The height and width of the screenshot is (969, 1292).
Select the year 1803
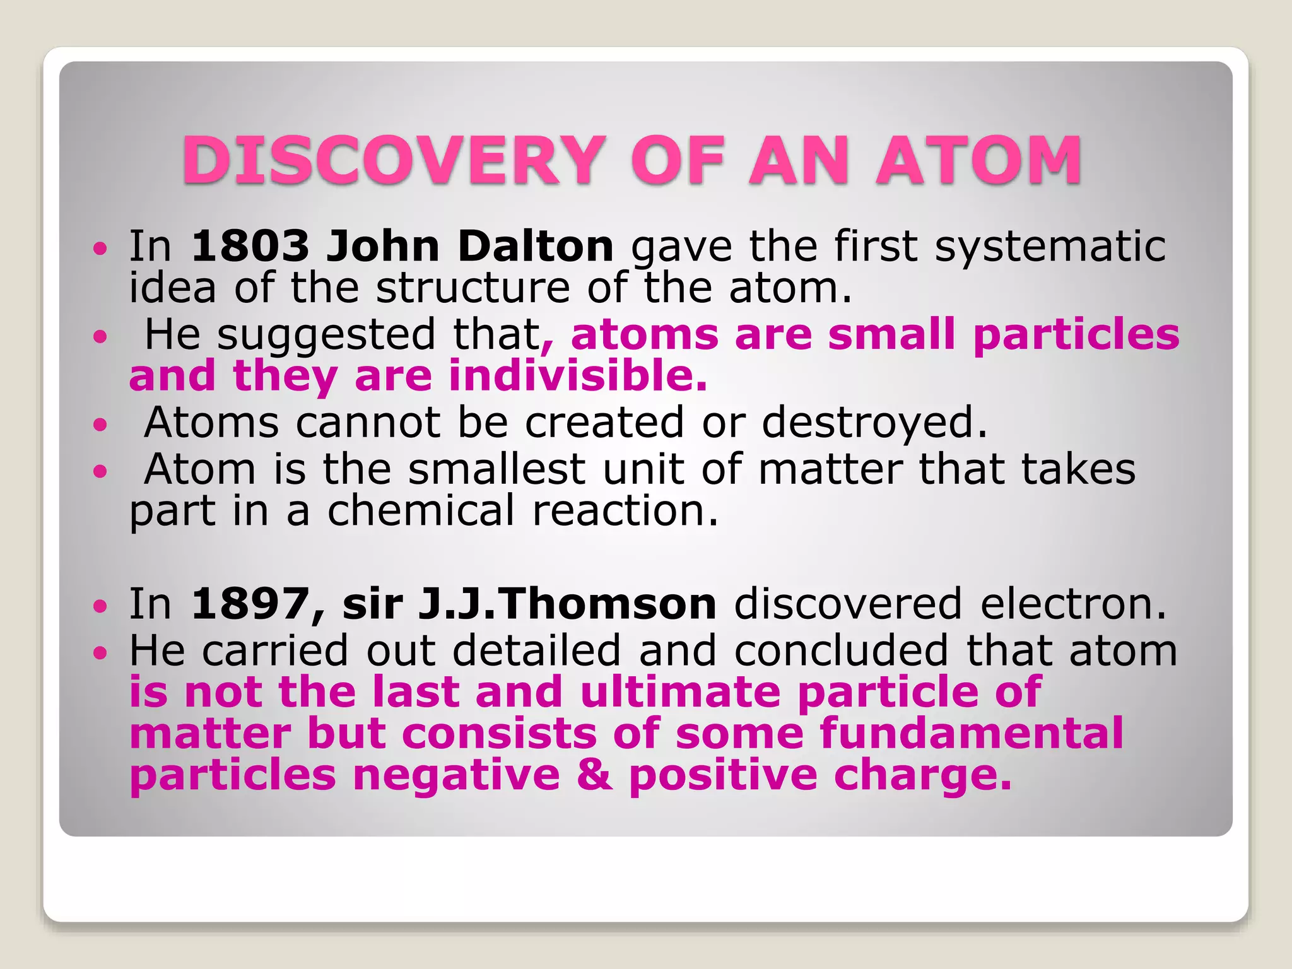pyautogui.click(x=250, y=246)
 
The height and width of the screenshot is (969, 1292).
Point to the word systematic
pyautogui.click(x=1050, y=246)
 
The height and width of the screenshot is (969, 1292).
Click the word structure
pyautogui.click(x=473, y=288)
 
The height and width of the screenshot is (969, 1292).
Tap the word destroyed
pyautogui.click(x=874, y=422)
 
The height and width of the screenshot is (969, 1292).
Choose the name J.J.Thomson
pyautogui.click(x=567, y=604)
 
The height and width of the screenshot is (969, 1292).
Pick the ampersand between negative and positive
pyautogui.click(x=594, y=775)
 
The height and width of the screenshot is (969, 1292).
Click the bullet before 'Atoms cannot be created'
pyautogui.click(x=100, y=425)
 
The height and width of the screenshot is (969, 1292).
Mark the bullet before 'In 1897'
pyautogui.click(x=100, y=606)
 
